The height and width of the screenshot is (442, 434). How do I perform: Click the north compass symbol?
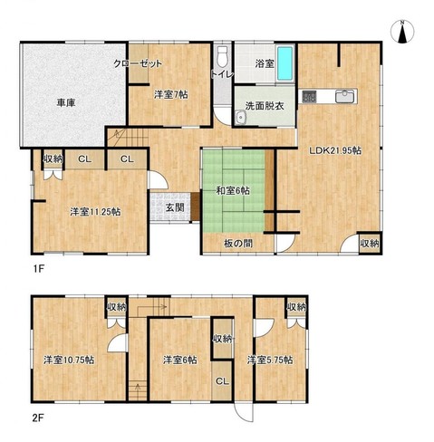click(x=402, y=32)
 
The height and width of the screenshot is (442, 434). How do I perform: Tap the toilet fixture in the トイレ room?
click(x=223, y=56)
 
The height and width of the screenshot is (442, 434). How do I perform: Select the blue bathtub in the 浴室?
click(x=285, y=63)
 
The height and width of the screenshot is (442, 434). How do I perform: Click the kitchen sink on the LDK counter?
click(x=344, y=97)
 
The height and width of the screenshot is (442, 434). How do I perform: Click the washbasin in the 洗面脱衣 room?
click(x=240, y=117)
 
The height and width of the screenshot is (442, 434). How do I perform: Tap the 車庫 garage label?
click(x=66, y=103)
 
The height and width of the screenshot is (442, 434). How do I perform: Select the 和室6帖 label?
click(x=233, y=191)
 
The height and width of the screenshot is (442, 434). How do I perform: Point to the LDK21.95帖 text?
click(x=334, y=150)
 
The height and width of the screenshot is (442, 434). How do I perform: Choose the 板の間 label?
click(x=238, y=244)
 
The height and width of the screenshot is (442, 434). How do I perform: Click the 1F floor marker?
click(x=38, y=269)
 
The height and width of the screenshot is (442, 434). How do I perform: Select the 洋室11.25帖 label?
click(x=95, y=212)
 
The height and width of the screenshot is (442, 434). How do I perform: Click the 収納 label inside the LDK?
click(x=370, y=244)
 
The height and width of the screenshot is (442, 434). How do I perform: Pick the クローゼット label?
click(x=138, y=63)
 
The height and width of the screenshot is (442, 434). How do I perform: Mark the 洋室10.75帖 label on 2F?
click(x=69, y=360)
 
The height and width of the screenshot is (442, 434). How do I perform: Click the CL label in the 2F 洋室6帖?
click(x=222, y=381)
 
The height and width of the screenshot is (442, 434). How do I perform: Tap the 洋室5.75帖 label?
click(x=270, y=360)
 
